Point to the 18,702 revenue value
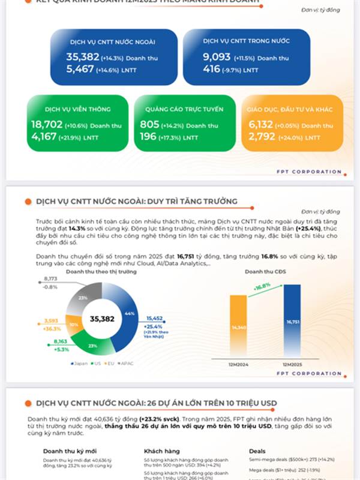click(46, 125)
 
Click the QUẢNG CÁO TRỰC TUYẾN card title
click(179, 110)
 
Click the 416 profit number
click(211, 70)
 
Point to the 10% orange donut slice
click(73, 325)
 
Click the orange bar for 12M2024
click(238, 328)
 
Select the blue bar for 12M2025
click(292, 323)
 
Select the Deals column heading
click(258, 451)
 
